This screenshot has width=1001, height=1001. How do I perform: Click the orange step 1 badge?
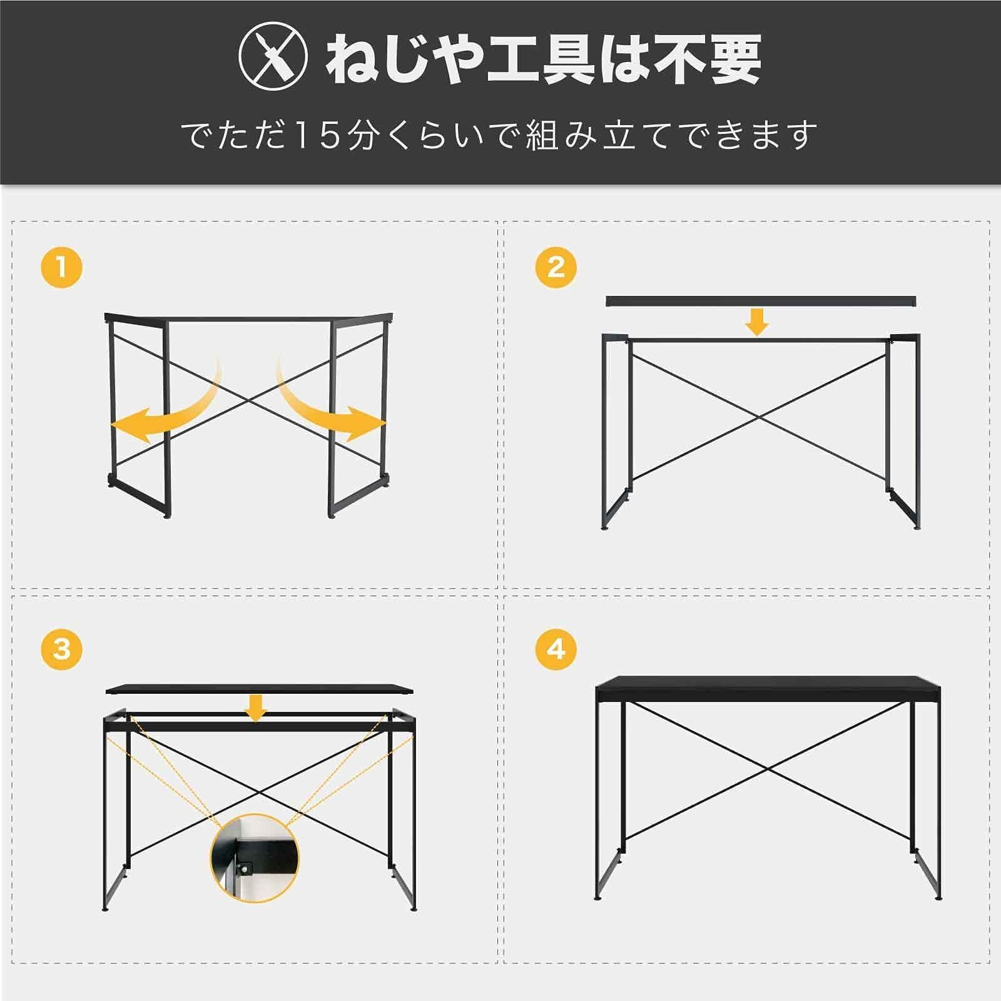point(61,268)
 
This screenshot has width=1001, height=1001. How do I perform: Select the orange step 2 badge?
point(556,268)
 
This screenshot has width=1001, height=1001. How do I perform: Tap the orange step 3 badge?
point(61,649)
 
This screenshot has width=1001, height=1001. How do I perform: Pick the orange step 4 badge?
point(556,649)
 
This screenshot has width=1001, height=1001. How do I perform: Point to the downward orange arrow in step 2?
point(758,322)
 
